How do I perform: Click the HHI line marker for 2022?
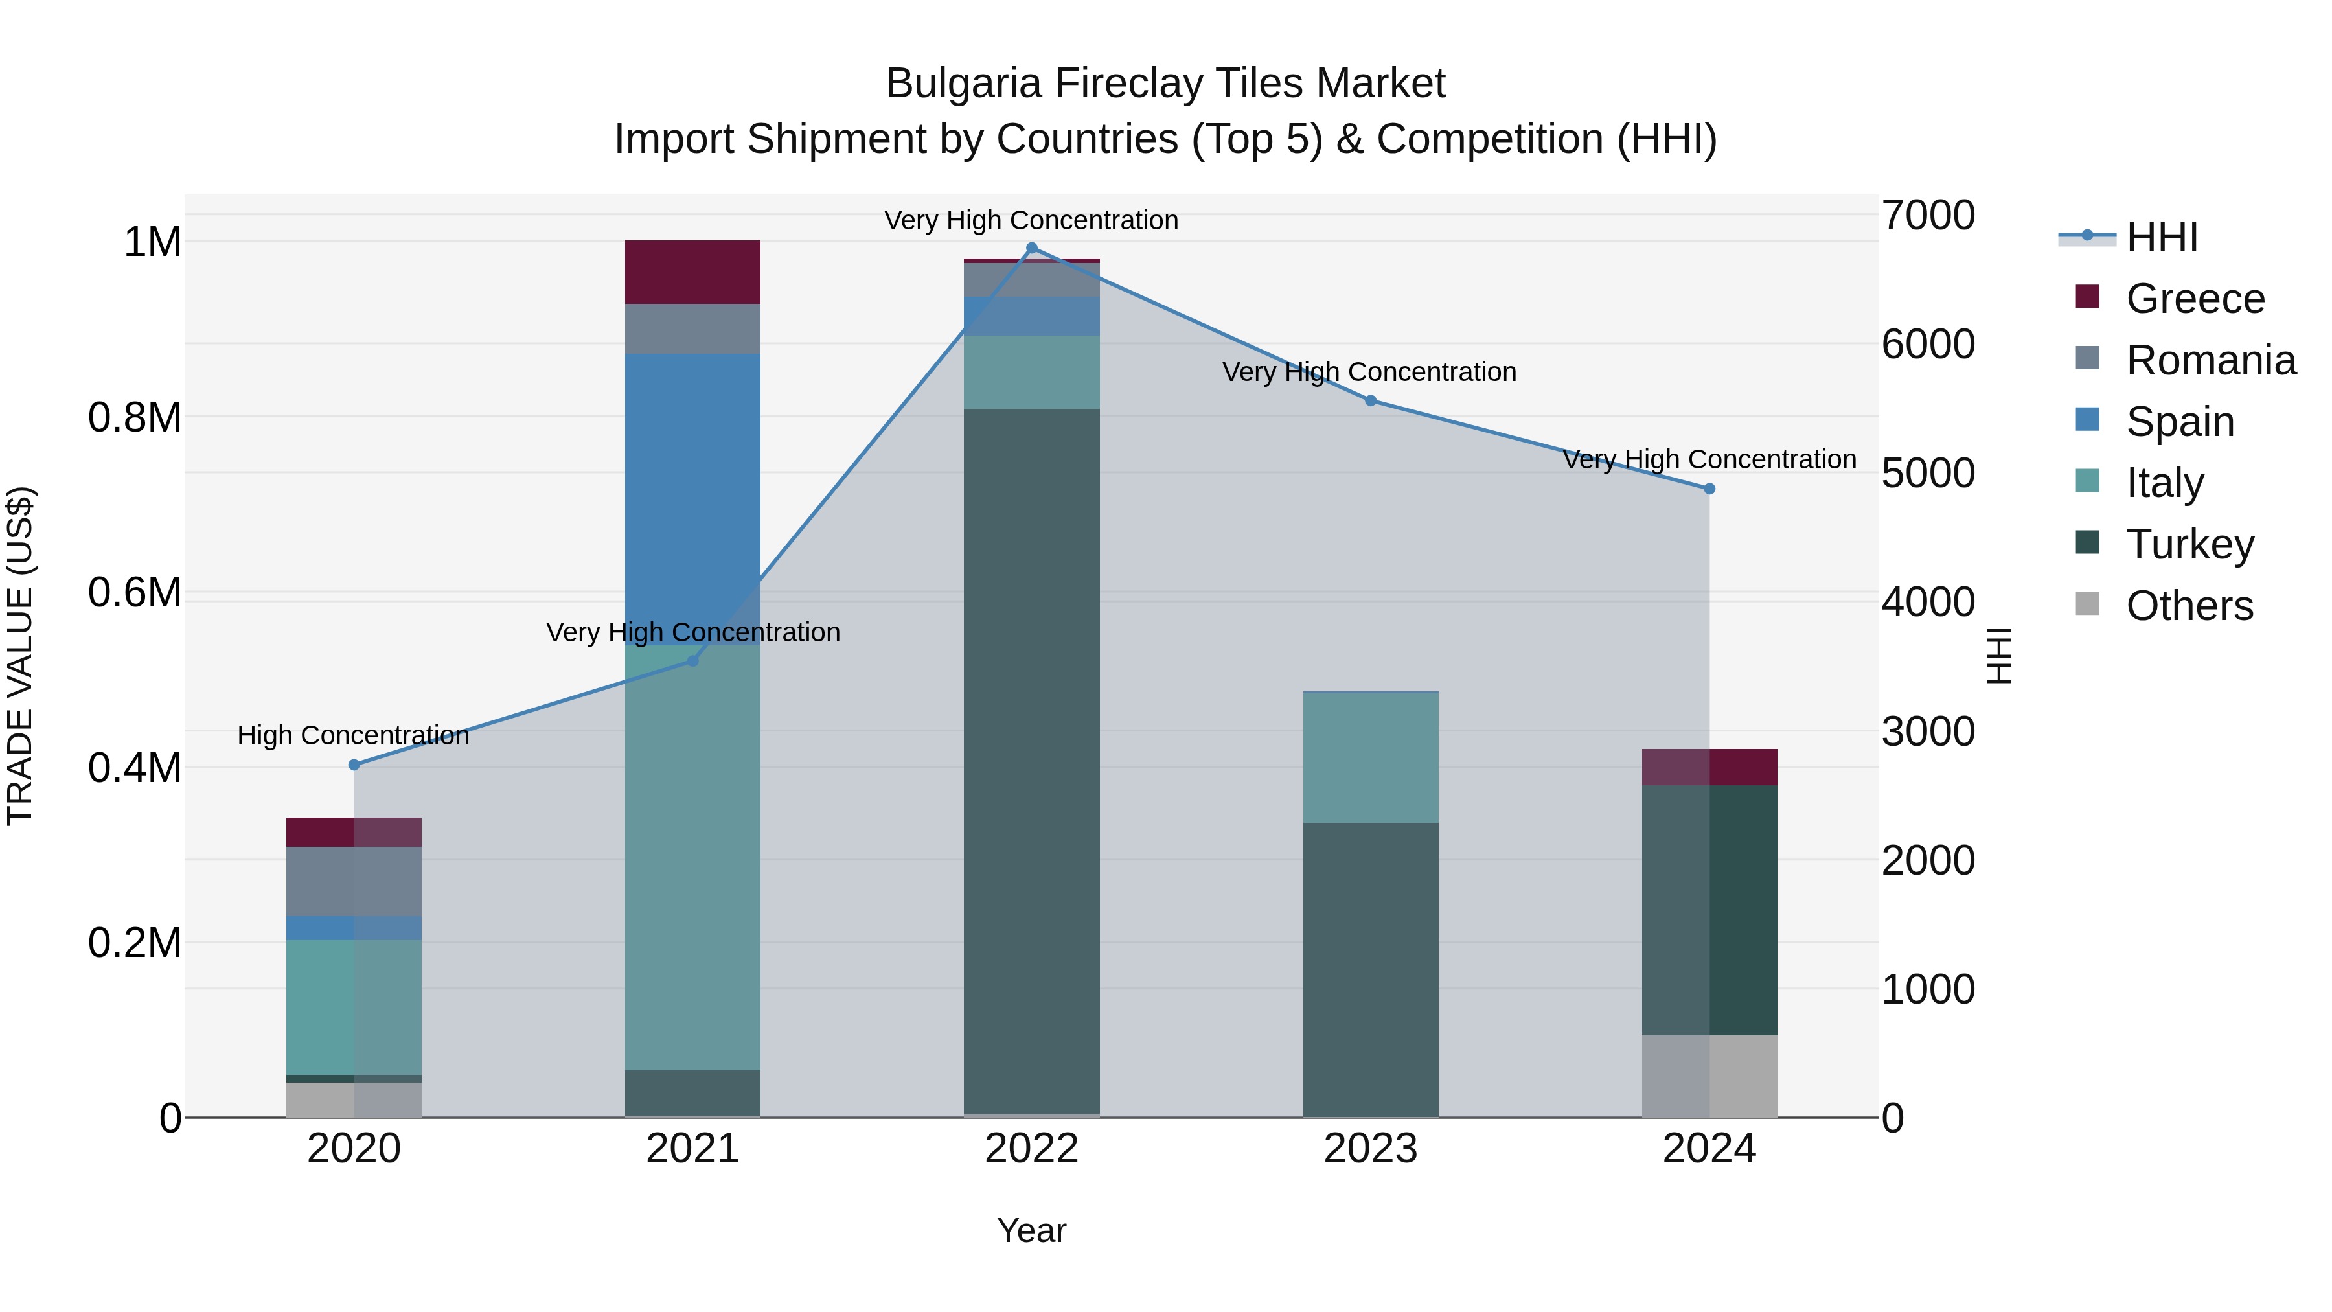click(x=1031, y=248)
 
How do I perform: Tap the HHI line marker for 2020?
click(x=354, y=765)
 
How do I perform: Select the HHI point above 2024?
click(x=1709, y=489)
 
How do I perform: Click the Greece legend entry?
click(x=2195, y=299)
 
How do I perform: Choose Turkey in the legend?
click(x=2189, y=544)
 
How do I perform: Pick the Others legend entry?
click(x=2189, y=606)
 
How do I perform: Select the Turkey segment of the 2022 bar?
click(x=1031, y=761)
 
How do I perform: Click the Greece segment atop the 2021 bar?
click(x=692, y=271)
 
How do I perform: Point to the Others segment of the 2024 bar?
click(x=1709, y=1076)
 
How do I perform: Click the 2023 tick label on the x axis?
click(x=1371, y=1149)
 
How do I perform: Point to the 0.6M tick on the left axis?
click(x=134, y=593)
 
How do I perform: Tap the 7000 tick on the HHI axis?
click(x=1927, y=216)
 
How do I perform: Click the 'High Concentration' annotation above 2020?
click(x=353, y=735)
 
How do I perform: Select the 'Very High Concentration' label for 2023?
click(x=1369, y=372)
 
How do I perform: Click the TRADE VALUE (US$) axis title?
click(x=20, y=656)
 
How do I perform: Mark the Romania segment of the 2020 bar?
click(x=354, y=881)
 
